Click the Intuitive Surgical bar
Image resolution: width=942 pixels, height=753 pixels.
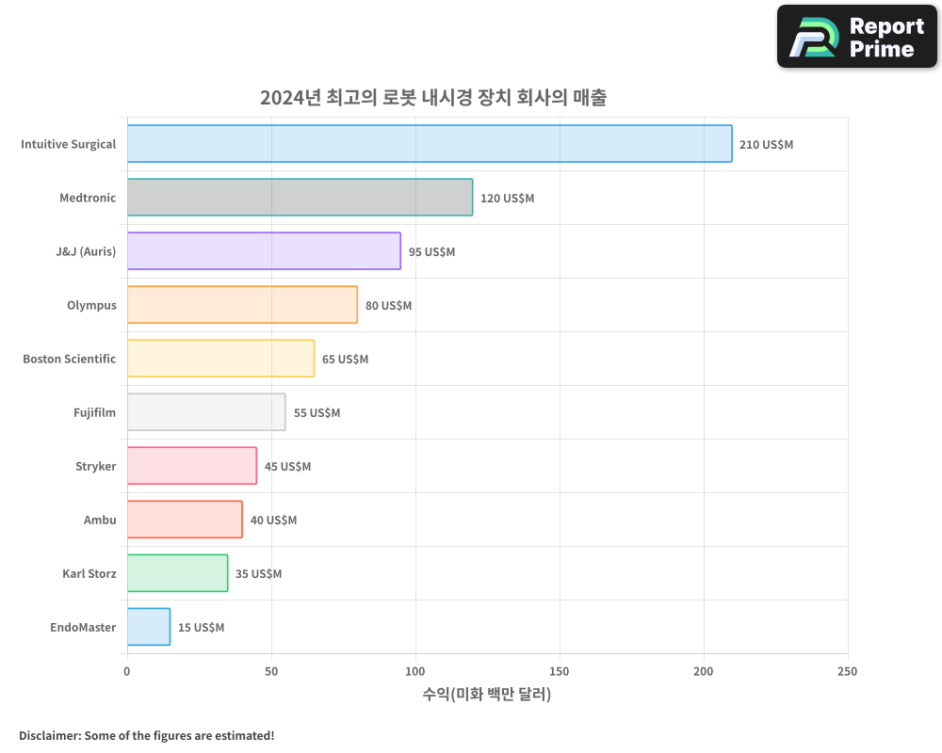[430, 144]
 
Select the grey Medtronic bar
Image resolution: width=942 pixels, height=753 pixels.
[300, 198]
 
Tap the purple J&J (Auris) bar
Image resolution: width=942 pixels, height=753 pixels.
[264, 251]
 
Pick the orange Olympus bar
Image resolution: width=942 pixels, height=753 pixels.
[242, 305]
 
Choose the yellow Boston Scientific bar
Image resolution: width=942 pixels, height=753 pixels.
[220, 359]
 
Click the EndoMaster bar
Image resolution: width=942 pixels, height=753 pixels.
[149, 627]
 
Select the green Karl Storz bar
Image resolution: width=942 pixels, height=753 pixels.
[177, 573]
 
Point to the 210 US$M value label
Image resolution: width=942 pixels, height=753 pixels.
[766, 145]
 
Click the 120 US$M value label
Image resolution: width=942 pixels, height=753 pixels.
[507, 199]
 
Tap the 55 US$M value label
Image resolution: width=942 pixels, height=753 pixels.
[317, 413]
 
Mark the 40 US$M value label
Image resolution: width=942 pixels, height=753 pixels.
[273, 521]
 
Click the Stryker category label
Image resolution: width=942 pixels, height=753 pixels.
[96, 466]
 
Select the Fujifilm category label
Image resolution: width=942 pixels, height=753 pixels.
[95, 412]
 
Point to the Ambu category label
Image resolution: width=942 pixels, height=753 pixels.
[100, 520]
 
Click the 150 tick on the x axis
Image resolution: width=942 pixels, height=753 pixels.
[560, 671]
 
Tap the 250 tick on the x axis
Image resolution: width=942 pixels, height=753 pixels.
[847, 671]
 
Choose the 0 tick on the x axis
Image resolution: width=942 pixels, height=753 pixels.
[127, 671]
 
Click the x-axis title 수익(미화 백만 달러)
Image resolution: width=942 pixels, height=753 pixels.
[487, 695]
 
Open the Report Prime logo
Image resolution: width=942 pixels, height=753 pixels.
[856, 37]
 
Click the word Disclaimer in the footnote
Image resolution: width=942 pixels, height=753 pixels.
[49, 735]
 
